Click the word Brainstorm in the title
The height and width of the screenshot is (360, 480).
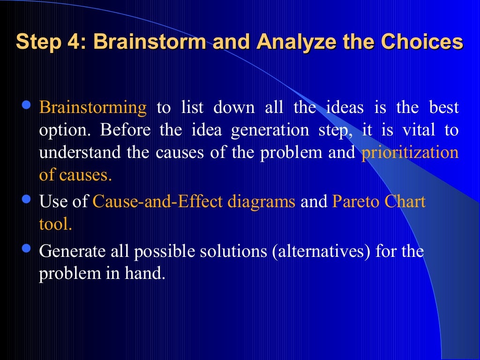[149, 42]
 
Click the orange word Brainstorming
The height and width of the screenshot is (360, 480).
[93, 108]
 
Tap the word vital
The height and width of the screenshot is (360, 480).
[418, 130]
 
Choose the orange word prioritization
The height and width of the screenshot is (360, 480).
[410, 153]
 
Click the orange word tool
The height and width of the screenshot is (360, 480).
[55, 225]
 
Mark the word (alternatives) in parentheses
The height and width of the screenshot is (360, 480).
[322, 251]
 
